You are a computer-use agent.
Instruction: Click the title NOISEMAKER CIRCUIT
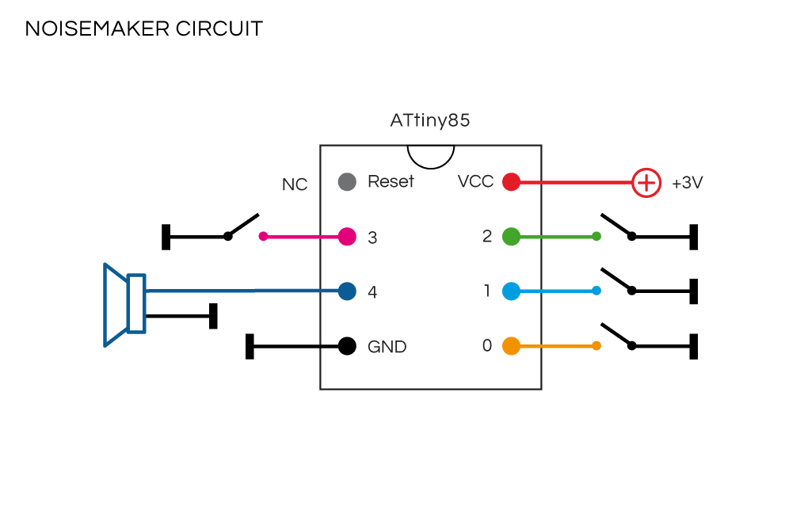pyautogui.click(x=143, y=29)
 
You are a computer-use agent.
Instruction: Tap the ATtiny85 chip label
pyautogui.click(x=430, y=121)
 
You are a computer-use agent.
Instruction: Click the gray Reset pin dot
pyautogui.click(x=346, y=182)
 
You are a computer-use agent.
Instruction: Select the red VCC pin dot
pyautogui.click(x=511, y=182)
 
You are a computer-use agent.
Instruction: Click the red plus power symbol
pyautogui.click(x=646, y=183)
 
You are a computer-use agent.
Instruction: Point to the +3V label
pyautogui.click(x=687, y=183)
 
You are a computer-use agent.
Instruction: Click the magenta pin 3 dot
pyautogui.click(x=347, y=236)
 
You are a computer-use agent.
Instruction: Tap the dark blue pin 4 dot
pyautogui.click(x=347, y=291)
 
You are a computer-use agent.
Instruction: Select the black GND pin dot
pyautogui.click(x=347, y=346)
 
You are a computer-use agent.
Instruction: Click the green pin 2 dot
pyautogui.click(x=511, y=236)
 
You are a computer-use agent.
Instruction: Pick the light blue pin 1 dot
pyautogui.click(x=511, y=291)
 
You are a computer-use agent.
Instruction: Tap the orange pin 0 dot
pyautogui.click(x=511, y=346)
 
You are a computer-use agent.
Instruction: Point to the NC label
pyautogui.click(x=295, y=185)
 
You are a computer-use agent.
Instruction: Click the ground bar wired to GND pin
pyautogui.click(x=250, y=346)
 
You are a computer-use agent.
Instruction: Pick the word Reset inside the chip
pyautogui.click(x=391, y=182)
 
